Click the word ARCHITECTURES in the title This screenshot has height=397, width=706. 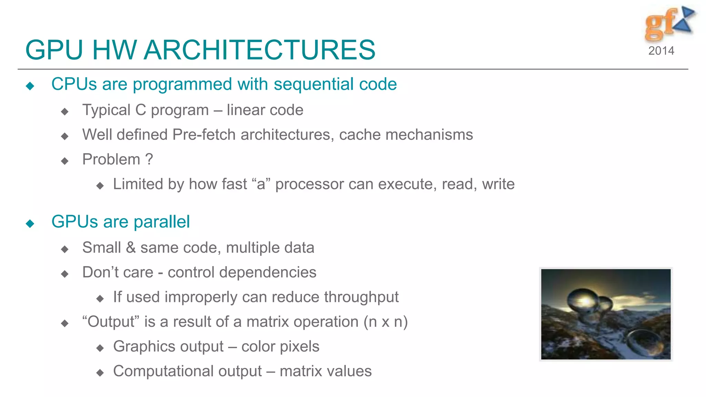(x=259, y=50)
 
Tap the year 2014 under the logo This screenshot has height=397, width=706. (x=661, y=51)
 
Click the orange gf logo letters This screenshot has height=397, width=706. (x=659, y=24)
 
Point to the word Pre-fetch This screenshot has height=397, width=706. (x=204, y=135)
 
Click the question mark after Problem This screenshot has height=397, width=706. (x=149, y=160)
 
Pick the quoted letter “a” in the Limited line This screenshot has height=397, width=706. (x=261, y=184)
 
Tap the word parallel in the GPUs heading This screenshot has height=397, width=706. (x=162, y=222)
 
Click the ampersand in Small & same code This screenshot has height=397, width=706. (x=131, y=248)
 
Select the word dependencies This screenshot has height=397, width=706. (x=268, y=273)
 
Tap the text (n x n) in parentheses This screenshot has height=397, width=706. (x=385, y=322)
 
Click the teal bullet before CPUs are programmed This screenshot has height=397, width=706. (x=30, y=86)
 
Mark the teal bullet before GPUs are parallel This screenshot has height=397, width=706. (x=30, y=224)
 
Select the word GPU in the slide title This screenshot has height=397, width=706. (x=54, y=50)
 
